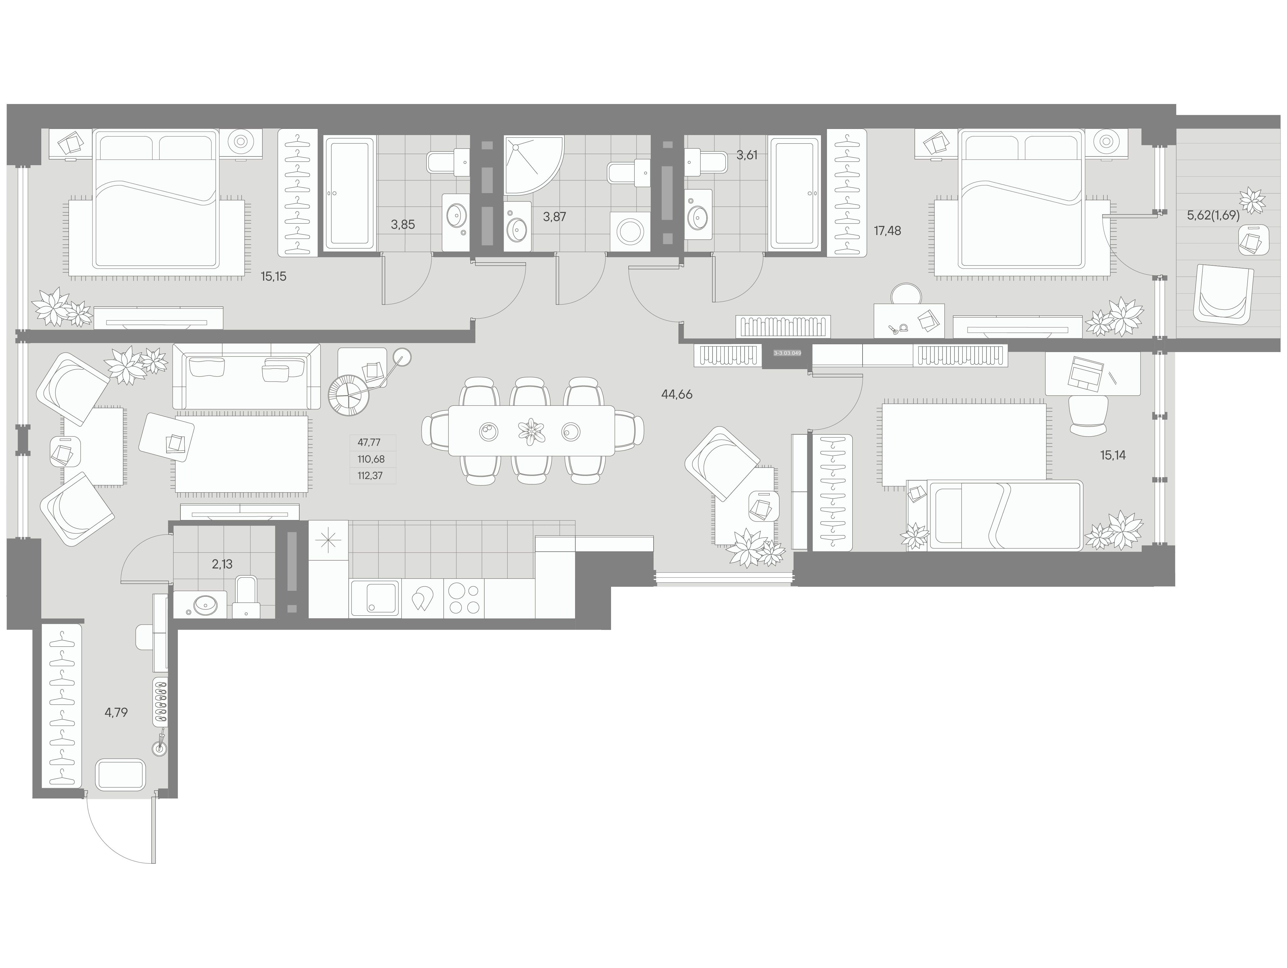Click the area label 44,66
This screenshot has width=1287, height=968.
pos(677,394)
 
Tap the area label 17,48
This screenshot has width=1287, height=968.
pos(887,231)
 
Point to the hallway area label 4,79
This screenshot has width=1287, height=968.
pos(116,712)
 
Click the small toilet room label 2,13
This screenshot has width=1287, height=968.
pos(222,564)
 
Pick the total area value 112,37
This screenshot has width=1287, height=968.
pos(371,476)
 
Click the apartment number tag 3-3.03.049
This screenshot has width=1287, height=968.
pos(787,353)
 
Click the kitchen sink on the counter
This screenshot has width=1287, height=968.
pos(375,597)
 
